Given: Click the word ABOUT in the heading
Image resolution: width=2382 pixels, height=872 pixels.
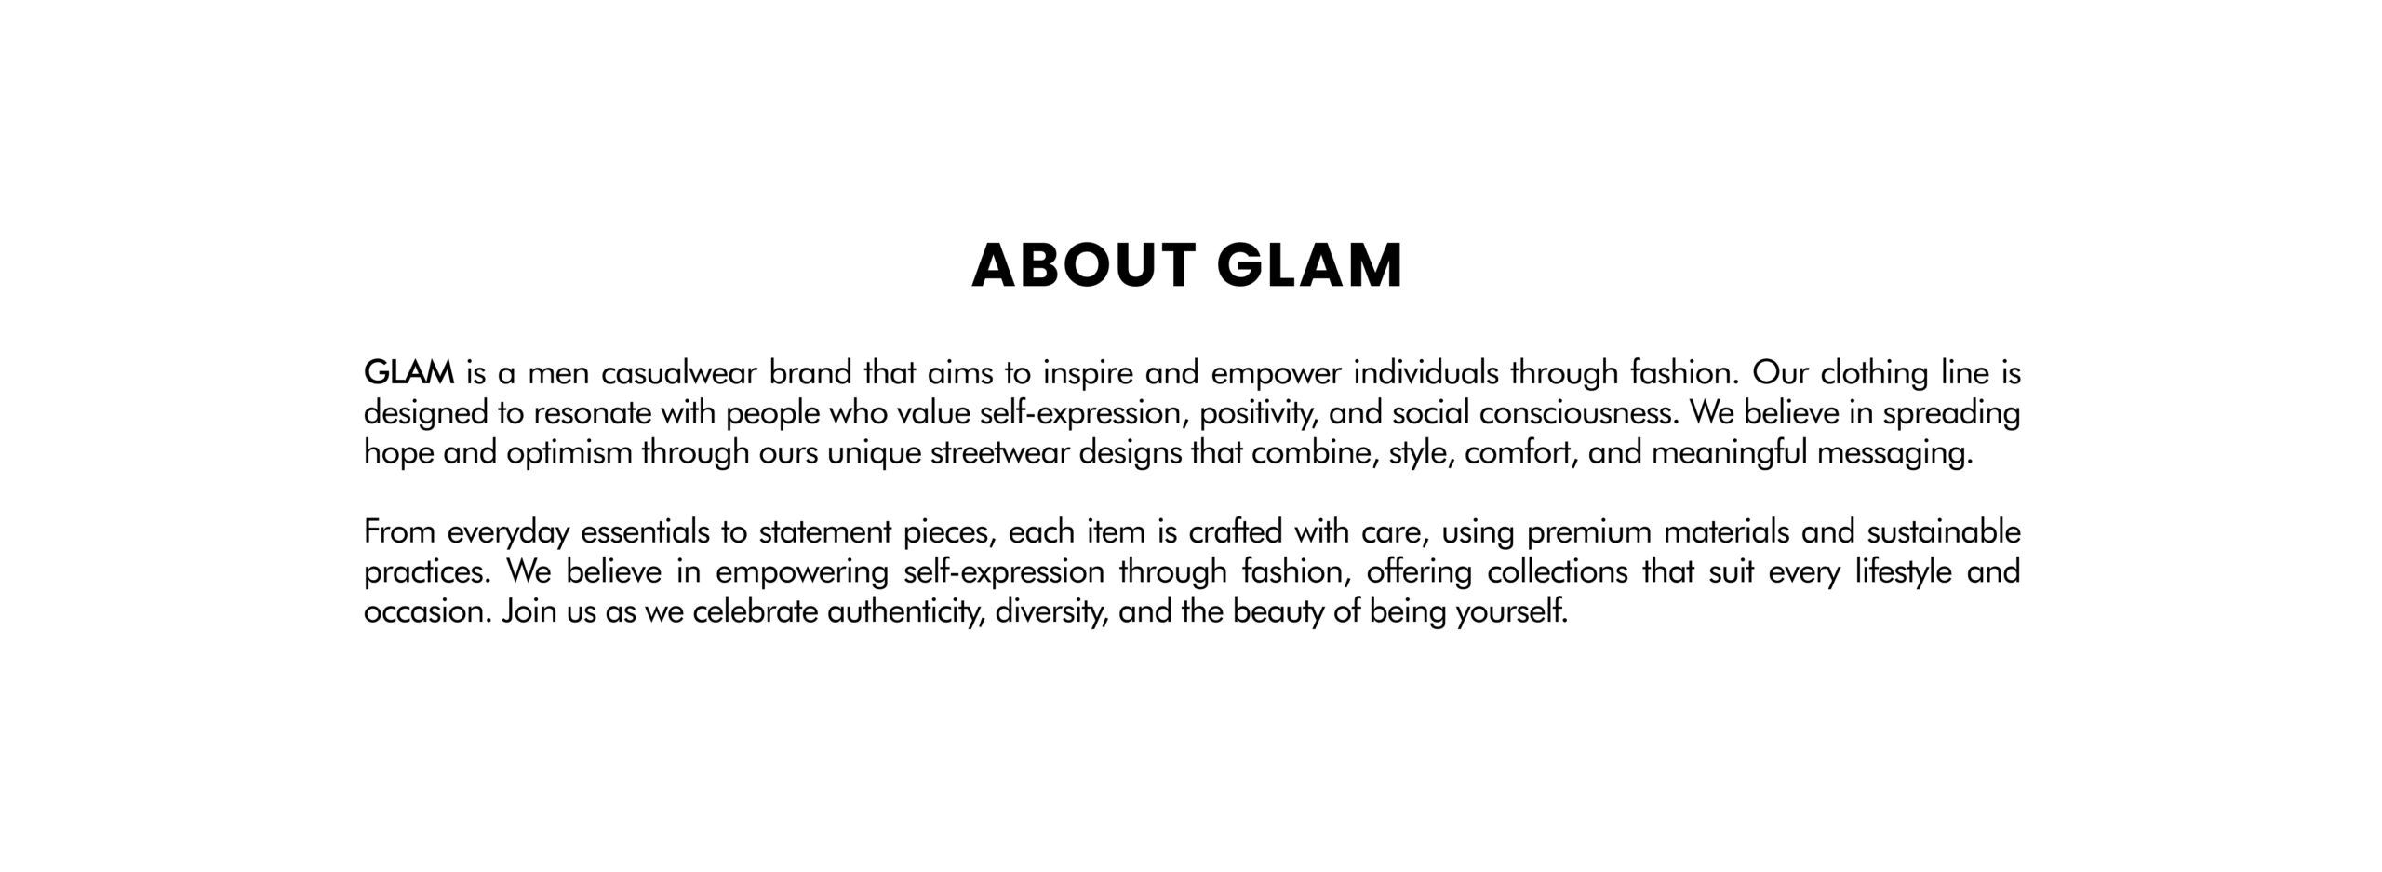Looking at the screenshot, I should (x=1083, y=266).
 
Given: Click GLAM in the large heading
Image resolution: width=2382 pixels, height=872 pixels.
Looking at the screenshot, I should (x=1309, y=266).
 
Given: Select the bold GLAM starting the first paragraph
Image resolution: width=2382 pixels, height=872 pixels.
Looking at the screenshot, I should (x=408, y=373).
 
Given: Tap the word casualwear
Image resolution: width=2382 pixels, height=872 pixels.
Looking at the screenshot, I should (x=679, y=373).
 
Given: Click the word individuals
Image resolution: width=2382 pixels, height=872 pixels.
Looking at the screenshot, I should (x=1425, y=373).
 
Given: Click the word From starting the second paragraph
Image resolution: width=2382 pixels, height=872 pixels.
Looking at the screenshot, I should (x=399, y=532).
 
